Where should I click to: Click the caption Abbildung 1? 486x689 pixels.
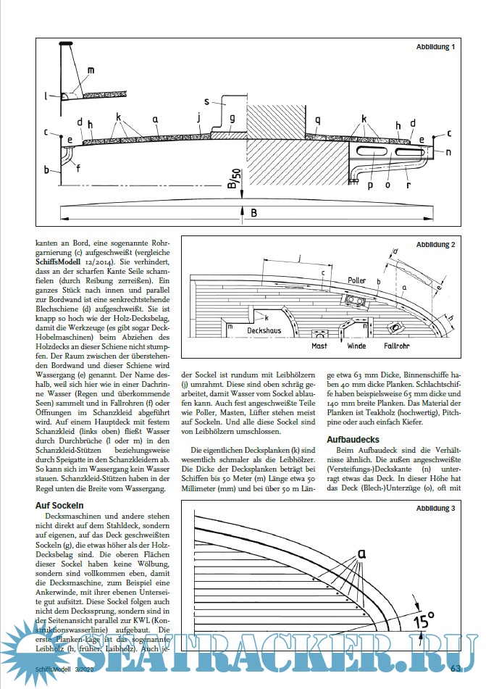pos(435,47)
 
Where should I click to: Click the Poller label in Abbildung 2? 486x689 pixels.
pos(357,279)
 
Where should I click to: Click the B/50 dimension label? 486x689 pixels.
pos(233,177)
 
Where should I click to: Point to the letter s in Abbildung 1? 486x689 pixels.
pos(206,102)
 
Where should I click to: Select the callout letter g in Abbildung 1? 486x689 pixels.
pos(232,118)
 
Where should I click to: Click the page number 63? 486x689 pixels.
pos(456,668)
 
